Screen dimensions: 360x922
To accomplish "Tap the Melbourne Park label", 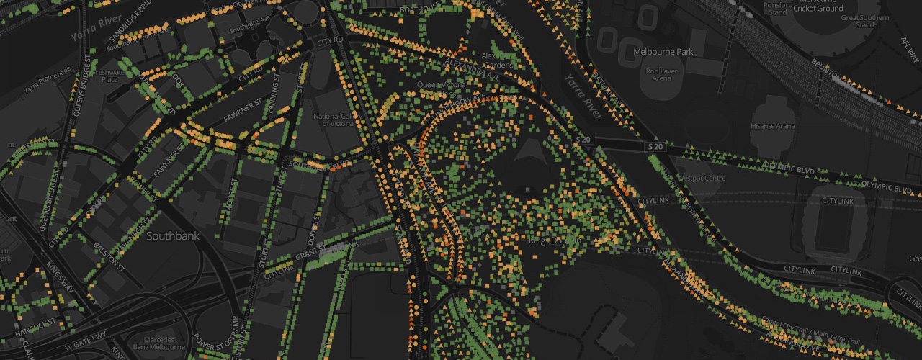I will coord(663,53).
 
